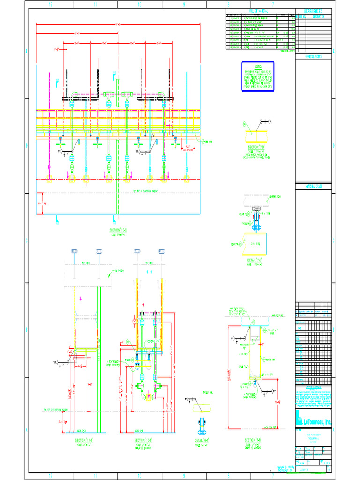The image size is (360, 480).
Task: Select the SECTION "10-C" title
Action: click(118, 230)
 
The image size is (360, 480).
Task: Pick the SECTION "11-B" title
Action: click(85, 440)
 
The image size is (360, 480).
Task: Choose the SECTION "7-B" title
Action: click(253, 440)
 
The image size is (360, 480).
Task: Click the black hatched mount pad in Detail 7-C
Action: click(256, 208)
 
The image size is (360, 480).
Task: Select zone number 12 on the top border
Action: click(50, 4)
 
